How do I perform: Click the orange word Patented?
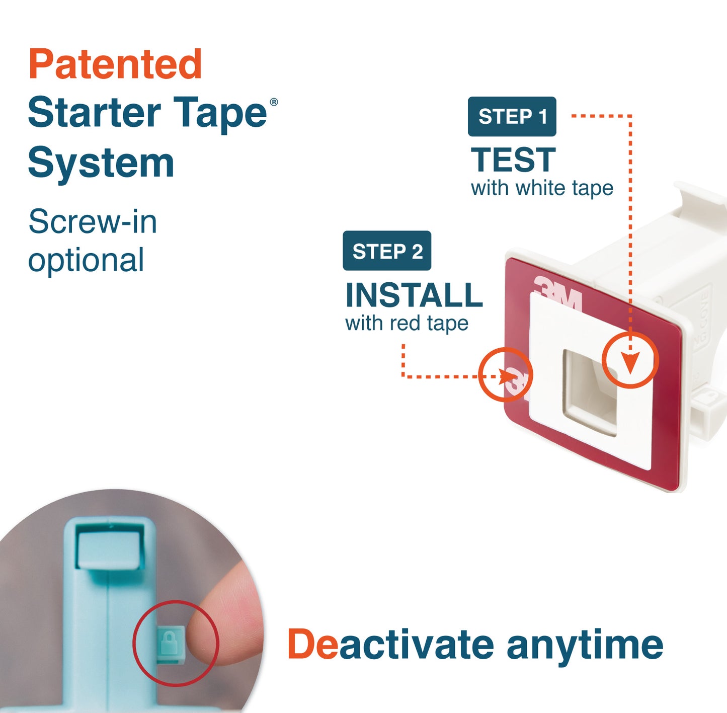pos(115,64)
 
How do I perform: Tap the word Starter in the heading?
pos(94,113)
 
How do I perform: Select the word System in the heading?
pos(101,163)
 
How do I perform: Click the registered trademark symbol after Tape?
pos(274,102)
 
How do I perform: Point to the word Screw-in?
pos(93,221)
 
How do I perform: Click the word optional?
pos(86,260)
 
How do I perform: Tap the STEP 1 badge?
pos(512,116)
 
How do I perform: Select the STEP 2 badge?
pos(387,251)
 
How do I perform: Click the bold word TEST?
pos(513,160)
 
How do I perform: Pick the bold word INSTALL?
pos(414,295)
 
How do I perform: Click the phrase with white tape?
pos(542,188)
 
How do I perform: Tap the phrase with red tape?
pos(407,323)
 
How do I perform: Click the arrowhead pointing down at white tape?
pos(630,362)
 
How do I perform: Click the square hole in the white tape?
pos(591,391)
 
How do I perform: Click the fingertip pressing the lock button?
pos(221,629)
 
